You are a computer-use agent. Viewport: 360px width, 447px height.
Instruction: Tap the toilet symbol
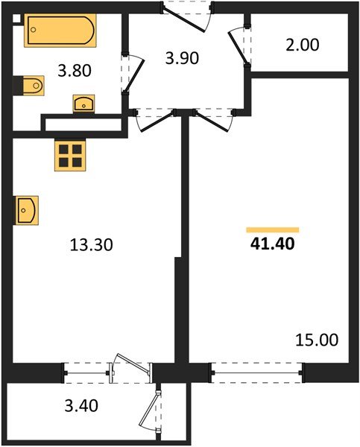29,87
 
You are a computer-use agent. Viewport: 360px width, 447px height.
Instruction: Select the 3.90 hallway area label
183,58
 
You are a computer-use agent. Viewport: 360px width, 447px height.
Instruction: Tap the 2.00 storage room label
303,45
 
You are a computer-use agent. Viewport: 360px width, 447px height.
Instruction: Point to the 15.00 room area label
316,340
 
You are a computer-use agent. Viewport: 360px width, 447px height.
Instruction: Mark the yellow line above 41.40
273,229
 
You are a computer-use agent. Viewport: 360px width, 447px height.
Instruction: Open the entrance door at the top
188,13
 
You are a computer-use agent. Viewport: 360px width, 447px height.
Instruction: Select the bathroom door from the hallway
131,74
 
